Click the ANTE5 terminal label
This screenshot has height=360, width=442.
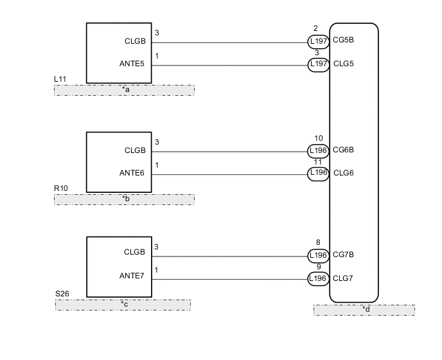[x=132, y=64]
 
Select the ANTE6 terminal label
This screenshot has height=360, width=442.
[x=132, y=172]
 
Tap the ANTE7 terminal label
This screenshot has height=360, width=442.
[x=132, y=276]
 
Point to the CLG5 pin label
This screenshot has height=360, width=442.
[x=343, y=64]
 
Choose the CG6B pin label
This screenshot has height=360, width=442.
[x=344, y=150]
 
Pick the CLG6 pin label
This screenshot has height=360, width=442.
[x=343, y=172]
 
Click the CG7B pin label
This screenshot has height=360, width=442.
[x=344, y=255]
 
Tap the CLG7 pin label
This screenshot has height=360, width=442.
[x=343, y=278]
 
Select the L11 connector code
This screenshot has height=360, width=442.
[x=60, y=79]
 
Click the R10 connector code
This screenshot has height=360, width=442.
[x=61, y=188]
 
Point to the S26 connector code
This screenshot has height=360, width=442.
[x=62, y=294]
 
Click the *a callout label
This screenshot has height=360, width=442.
[x=126, y=90]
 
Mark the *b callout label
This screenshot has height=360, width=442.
[x=126, y=199]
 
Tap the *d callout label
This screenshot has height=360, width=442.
[x=366, y=310]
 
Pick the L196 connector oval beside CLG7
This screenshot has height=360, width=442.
[x=319, y=278]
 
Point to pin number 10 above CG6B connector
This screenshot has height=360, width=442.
[x=319, y=138]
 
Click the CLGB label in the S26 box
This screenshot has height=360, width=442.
[x=135, y=252]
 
